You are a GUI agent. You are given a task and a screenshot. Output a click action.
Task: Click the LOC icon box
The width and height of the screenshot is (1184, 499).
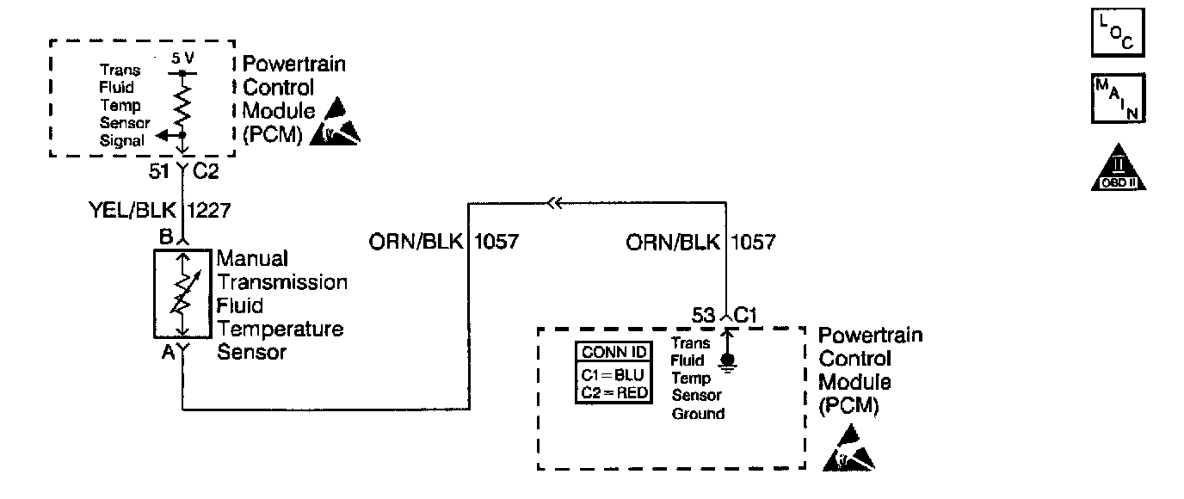(1117, 33)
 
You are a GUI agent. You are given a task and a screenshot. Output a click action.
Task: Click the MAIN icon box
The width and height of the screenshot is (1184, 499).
(1117, 99)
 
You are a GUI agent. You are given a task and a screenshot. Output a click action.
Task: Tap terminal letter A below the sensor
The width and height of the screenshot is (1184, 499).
(168, 352)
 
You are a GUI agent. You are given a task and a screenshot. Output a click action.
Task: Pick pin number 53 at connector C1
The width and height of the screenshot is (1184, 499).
(703, 316)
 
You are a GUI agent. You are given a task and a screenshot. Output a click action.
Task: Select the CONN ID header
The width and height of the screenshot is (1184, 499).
(614, 352)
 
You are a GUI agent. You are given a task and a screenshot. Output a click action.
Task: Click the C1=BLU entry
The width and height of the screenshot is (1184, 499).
(614, 375)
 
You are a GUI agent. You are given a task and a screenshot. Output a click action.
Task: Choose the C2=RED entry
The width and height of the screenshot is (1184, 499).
(614, 392)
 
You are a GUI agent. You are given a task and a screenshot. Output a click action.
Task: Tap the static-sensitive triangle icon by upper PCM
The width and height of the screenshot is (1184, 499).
(338, 122)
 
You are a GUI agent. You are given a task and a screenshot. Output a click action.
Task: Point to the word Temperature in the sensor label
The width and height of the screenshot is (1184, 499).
(280, 329)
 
